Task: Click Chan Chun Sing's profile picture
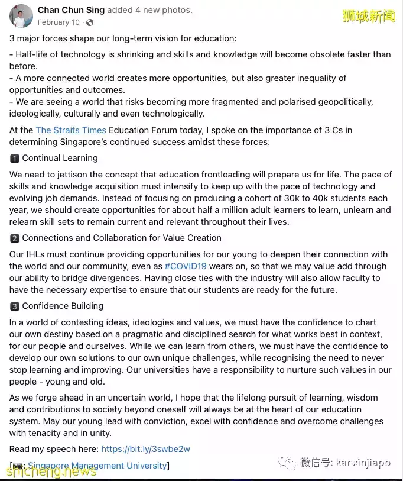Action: [21, 16]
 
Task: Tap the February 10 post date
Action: [58, 22]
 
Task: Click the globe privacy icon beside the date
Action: [90, 22]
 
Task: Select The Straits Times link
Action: [71, 130]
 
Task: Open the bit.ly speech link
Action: [145, 449]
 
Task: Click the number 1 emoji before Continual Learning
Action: [15, 159]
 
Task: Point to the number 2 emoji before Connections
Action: [15, 238]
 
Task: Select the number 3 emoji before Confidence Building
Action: [15, 306]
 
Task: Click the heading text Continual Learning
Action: [60, 159]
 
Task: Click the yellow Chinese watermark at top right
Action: [368, 17]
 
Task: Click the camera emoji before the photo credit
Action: [18, 466]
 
